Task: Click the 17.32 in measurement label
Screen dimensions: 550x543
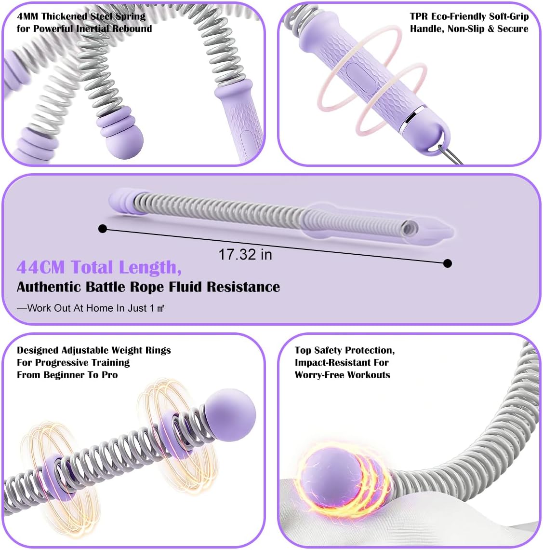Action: pyautogui.click(x=245, y=254)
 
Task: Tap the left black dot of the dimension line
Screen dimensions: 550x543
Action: pyautogui.click(x=102, y=229)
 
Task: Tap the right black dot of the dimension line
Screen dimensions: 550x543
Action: pyautogui.click(x=448, y=263)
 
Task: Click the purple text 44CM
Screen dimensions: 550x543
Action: pyautogui.click(x=41, y=267)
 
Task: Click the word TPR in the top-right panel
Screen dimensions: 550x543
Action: pyautogui.click(x=419, y=16)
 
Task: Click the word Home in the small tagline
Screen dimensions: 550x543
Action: pyautogui.click(x=99, y=308)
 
